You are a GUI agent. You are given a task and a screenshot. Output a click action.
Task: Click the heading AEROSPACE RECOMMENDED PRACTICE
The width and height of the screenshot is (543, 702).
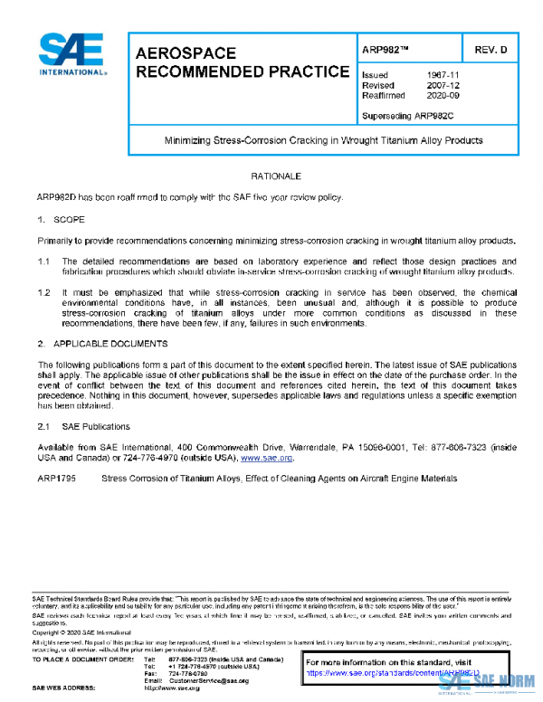[x=242, y=62]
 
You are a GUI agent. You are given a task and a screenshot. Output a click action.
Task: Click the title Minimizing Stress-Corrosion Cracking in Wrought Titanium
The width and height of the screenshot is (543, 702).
[x=322, y=140]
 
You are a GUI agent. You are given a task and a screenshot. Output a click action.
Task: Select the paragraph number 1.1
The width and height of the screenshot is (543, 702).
[x=43, y=261]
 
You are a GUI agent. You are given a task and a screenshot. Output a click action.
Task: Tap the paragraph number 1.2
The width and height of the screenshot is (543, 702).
[x=43, y=293]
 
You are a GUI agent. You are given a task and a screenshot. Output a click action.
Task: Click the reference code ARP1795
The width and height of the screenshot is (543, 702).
[x=55, y=478]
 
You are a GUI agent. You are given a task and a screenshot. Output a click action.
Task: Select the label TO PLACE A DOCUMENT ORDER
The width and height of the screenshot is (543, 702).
[x=82, y=659]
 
